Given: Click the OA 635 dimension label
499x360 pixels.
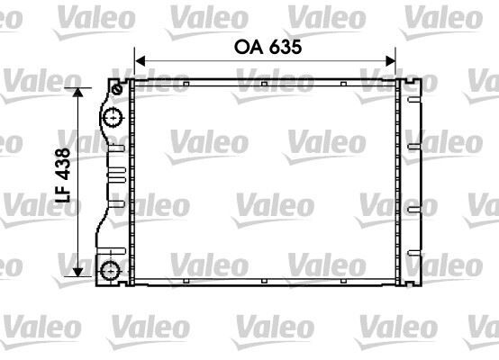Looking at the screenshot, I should click(x=265, y=45).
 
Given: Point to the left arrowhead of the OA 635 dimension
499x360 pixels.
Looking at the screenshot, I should click(x=139, y=62).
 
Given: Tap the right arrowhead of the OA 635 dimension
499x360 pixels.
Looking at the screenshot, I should click(x=392, y=62).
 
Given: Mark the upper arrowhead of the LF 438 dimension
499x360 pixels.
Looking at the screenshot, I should click(x=78, y=92).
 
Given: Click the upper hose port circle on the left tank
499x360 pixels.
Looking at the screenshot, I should click(x=112, y=117).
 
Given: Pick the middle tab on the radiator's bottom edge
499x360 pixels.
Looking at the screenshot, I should click(x=262, y=283).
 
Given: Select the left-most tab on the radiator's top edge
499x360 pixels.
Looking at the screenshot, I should click(x=184, y=85).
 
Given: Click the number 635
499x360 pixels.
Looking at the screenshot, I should click(x=281, y=45).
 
